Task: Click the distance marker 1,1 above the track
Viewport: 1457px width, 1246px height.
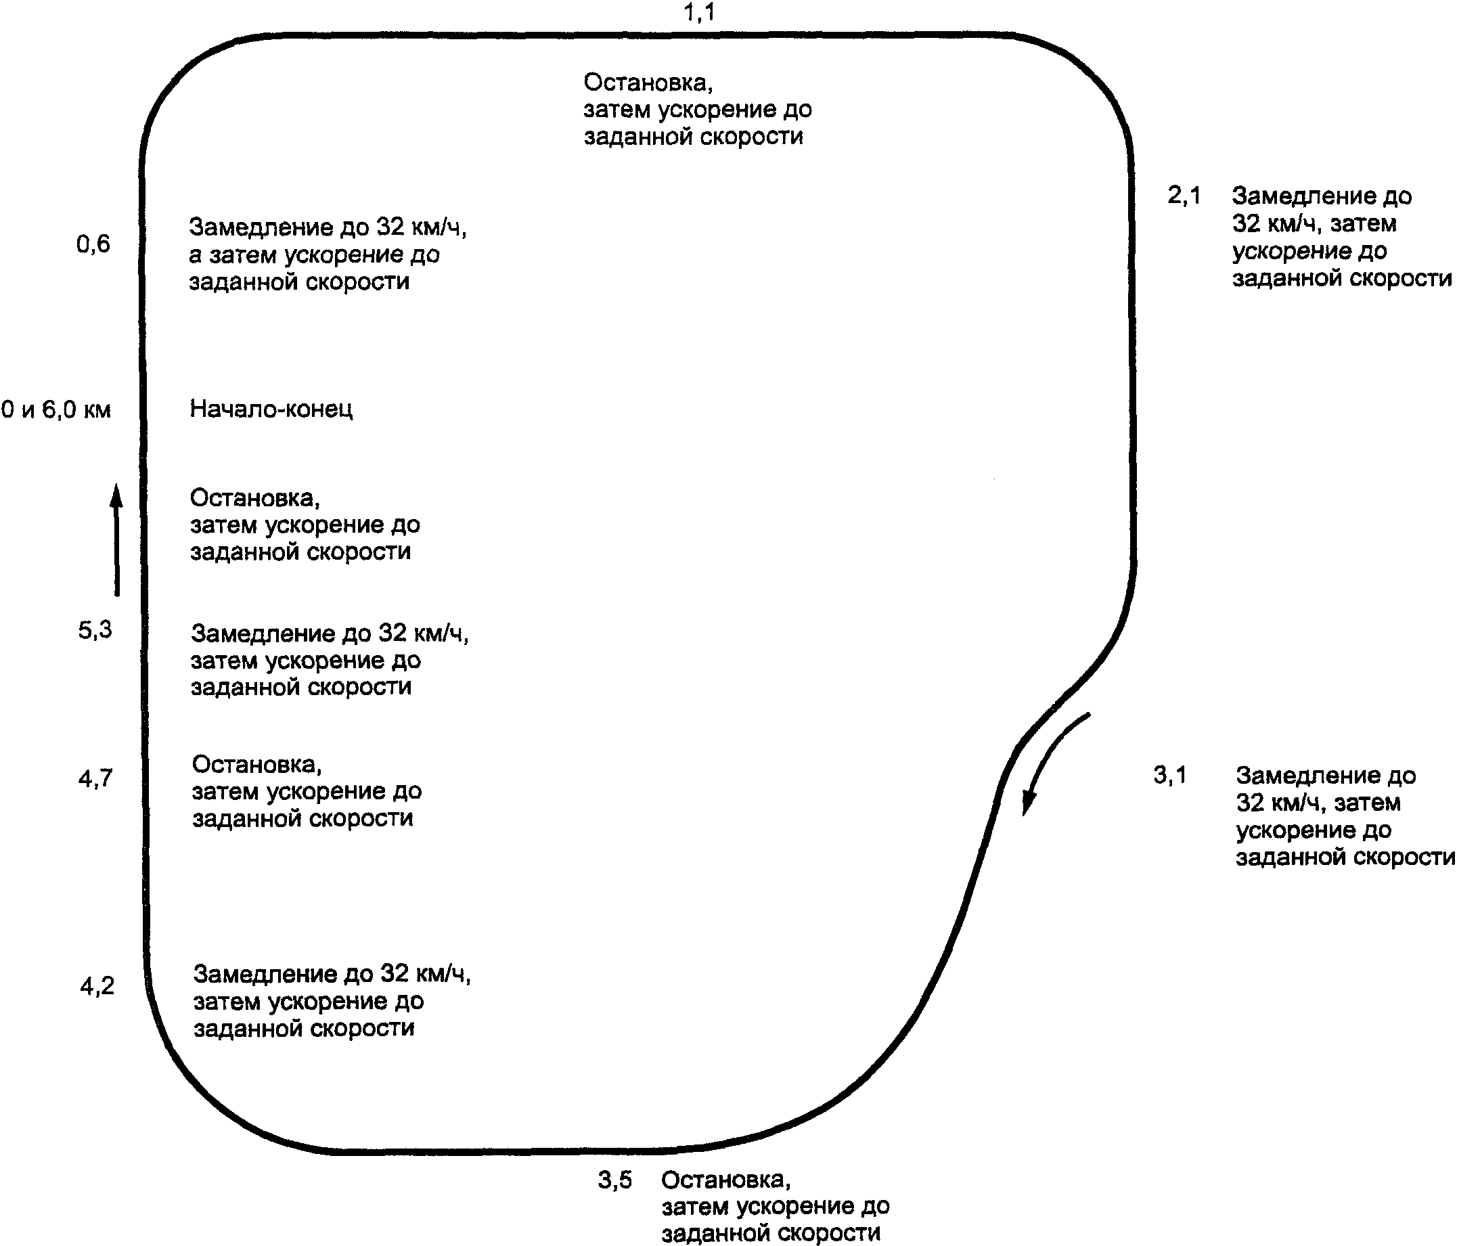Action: [x=699, y=12]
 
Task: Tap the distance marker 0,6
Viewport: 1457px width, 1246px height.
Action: [x=93, y=244]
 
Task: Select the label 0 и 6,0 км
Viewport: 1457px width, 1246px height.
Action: [x=56, y=409]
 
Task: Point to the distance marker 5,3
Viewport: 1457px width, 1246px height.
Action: [x=95, y=630]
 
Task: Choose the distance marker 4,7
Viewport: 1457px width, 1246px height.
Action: [x=95, y=778]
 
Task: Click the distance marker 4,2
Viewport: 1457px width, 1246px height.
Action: [x=97, y=987]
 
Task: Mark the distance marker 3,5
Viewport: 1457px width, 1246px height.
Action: [x=614, y=1180]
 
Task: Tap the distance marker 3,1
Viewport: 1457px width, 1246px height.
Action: [x=1169, y=775]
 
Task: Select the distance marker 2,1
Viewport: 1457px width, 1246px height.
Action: [x=1184, y=196]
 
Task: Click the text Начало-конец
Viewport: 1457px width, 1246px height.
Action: [x=271, y=409]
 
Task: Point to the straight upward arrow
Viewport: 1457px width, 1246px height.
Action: [x=116, y=540]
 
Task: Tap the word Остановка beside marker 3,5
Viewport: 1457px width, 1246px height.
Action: [x=725, y=1180]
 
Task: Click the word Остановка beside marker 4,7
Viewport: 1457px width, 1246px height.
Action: [x=256, y=764]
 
